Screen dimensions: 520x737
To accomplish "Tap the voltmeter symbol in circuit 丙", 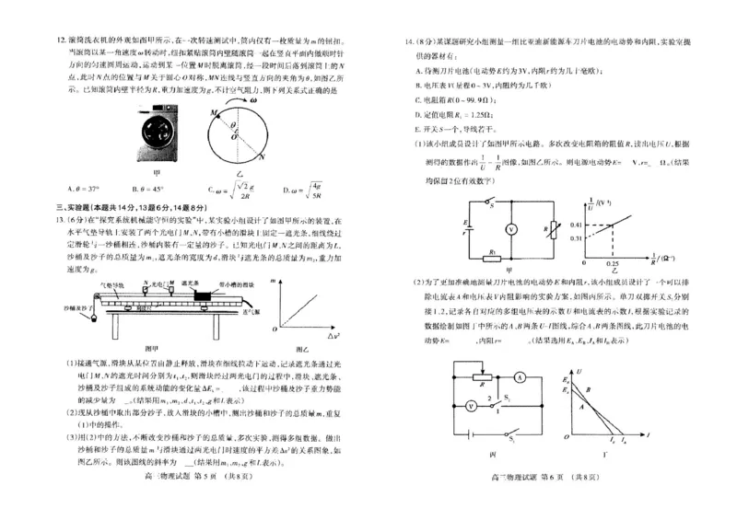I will [x=473, y=403].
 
